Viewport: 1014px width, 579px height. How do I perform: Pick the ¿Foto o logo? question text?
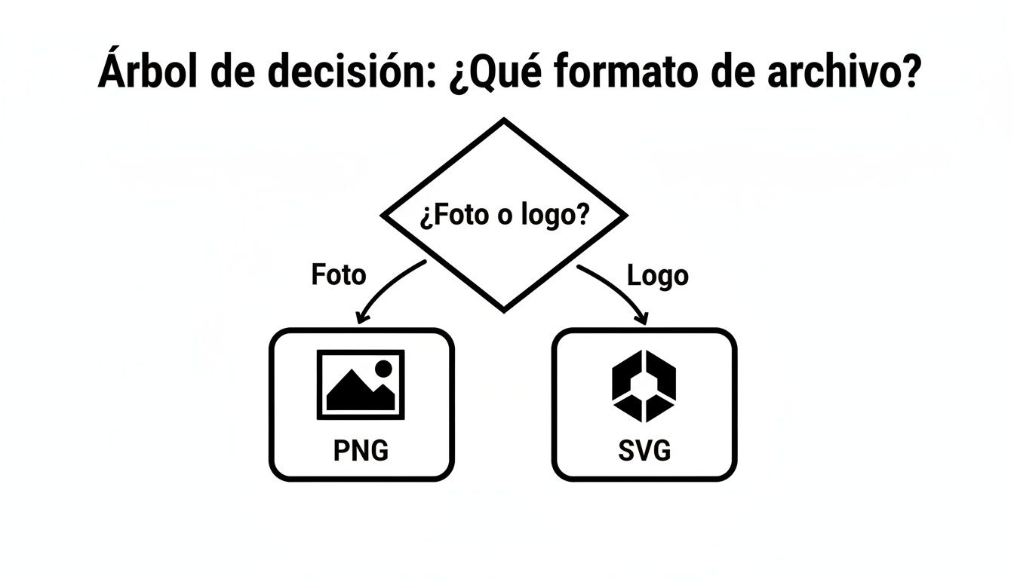coord(504,216)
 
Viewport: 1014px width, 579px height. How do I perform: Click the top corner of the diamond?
coord(504,121)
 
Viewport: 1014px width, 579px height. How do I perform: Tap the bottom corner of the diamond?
coord(504,309)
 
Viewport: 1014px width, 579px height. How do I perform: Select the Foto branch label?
coord(338,274)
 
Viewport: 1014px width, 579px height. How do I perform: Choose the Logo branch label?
coord(658,275)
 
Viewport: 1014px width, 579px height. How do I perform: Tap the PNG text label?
coord(361,451)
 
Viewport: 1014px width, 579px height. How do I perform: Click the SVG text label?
coord(644,451)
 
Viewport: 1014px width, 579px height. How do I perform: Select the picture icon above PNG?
coord(361,384)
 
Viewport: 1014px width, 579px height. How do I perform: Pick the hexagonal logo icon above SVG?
coord(644,385)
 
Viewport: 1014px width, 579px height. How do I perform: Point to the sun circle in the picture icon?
coord(383,368)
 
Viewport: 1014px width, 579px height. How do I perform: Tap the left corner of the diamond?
coord(384,216)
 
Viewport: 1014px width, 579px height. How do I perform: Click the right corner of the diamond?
coord(625,216)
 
